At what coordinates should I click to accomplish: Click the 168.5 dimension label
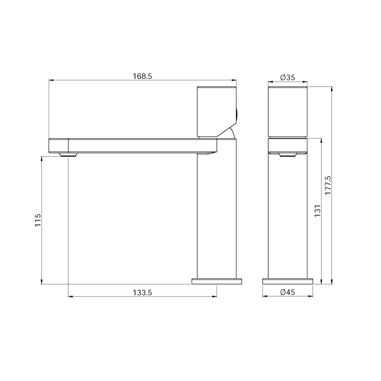pyautogui.click(x=142, y=76)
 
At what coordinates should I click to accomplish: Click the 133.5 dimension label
pyautogui.click(x=142, y=293)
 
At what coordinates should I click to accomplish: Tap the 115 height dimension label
pyautogui.click(x=38, y=220)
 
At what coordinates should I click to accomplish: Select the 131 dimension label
pyautogui.click(x=317, y=210)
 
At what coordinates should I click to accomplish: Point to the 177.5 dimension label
pyautogui.click(x=328, y=185)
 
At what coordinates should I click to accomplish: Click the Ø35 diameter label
pyautogui.click(x=287, y=77)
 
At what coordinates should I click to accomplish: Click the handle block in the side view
pyautogui.click(x=215, y=111)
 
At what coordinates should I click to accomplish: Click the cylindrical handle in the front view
pyautogui.click(x=288, y=111)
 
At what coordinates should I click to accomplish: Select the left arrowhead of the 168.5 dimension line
pyautogui.click(x=51, y=81)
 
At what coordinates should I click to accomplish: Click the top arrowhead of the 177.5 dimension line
pyautogui.click(x=332, y=88)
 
